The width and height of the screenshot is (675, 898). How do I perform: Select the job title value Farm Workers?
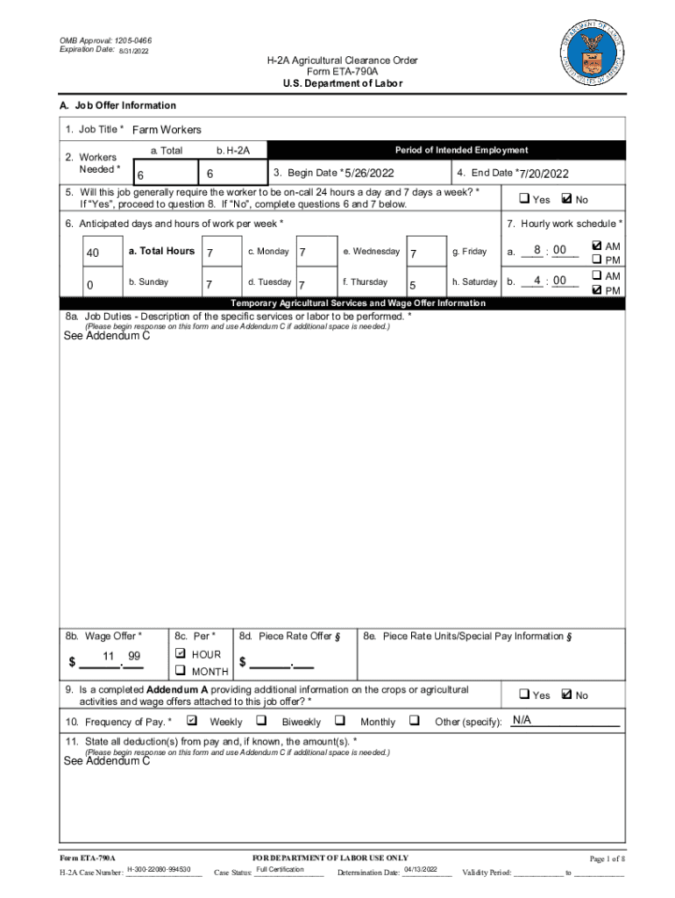point(167,130)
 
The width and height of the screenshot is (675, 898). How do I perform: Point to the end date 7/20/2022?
point(544,174)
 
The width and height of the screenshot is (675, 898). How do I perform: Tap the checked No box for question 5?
point(565,198)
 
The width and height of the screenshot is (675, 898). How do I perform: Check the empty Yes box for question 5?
point(524,199)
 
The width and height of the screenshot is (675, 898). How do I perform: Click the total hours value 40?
point(93,254)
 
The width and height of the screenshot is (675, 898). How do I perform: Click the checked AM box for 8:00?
point(597,246)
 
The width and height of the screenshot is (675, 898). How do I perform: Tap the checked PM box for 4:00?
point(597,290)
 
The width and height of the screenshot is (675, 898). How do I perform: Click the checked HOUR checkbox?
point(181,654)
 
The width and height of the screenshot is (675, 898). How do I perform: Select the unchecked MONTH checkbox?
point(181,671)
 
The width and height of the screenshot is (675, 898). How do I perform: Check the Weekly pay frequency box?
point(191,721)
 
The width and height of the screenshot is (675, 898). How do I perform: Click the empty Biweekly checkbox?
point(261,721)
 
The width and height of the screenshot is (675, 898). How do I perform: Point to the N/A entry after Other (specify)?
point(522,721)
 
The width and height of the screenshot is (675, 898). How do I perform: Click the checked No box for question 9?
point(565,695)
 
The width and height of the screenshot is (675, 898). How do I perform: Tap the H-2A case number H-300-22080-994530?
point(164,869)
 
